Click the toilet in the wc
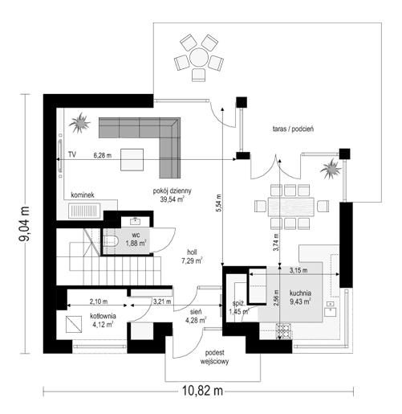point(112,240)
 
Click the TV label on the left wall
point(71,153)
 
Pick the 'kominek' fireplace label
point(83,195)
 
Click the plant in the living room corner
point(80,125)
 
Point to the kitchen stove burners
point(285,330)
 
